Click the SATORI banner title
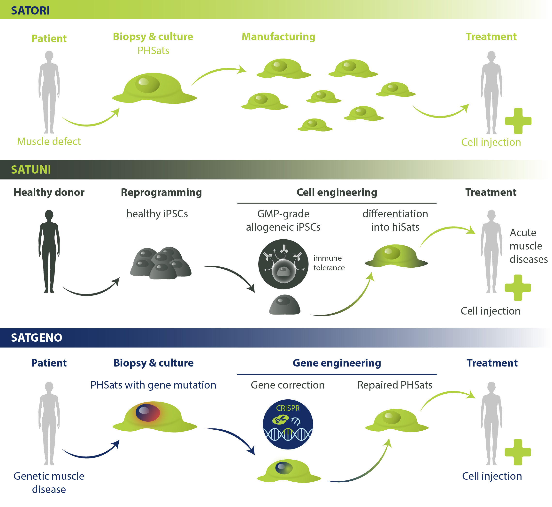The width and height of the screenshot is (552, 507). click(x=30, y=10)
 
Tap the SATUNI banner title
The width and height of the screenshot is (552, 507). click(x=31, y=169)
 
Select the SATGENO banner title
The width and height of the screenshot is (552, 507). click(x=37, y=338)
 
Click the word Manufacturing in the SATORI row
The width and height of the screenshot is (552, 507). click(x=278, y=37)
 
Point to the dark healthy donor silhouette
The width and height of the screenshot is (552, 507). click(x=49, y=251)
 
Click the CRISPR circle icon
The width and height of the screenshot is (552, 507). click(x=288, y=424)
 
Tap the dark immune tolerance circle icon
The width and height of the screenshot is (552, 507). click(x=283, y=264)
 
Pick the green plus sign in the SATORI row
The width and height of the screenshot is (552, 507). click(x=518, y=121)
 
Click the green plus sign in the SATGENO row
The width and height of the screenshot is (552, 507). click(x=518, y=452)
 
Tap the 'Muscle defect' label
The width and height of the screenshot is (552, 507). click(x=49, y=142)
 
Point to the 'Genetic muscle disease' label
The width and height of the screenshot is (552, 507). click(x=49, y=483)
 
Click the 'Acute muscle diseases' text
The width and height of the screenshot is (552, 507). click(x=528, y=246)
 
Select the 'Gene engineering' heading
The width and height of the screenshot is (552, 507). click(x=337, y=363)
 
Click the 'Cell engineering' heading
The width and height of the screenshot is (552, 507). click(x=337, y=192)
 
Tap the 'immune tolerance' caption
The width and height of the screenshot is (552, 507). click(x=329, y=263)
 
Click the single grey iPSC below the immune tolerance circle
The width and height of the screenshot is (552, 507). click(x=285, y=305)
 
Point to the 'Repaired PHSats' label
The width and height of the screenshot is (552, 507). click(x=395, y=385)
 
